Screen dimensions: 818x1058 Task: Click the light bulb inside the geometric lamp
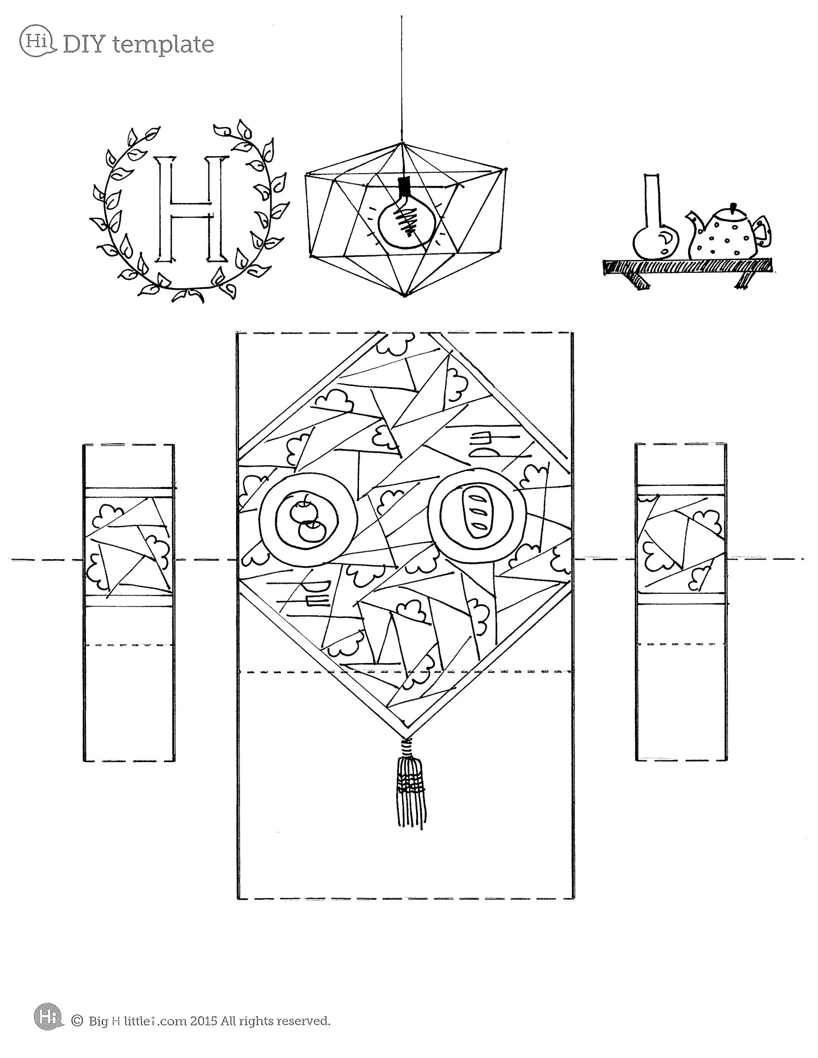click(x=405, y=222)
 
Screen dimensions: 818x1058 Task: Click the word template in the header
click(x=163, y=45)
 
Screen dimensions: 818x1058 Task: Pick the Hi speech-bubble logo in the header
click(x=38, y=41)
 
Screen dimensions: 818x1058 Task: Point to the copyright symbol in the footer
click(x=77, y=1020)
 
